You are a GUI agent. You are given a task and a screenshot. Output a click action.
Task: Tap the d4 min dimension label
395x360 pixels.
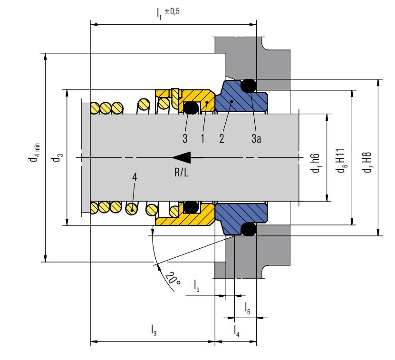point(33,155)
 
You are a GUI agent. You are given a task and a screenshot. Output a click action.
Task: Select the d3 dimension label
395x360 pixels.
point(57,157)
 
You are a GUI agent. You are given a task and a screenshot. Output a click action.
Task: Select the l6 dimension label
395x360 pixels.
point(248,308)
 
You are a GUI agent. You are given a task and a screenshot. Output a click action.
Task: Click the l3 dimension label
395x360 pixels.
point(154,330)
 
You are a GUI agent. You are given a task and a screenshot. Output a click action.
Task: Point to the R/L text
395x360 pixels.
point(181,173)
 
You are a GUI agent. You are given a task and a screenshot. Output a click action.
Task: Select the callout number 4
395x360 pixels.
point(135,177)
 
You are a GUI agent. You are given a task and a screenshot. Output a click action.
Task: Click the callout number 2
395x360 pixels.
point(222,139)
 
